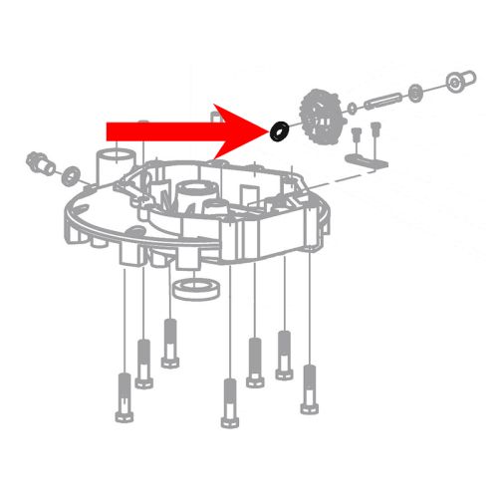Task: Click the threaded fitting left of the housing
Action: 41,159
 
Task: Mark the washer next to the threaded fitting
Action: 74,176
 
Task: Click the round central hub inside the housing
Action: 191,194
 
